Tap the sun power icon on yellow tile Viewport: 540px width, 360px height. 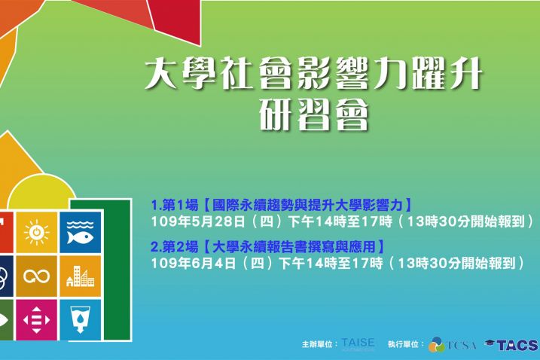[36, 232]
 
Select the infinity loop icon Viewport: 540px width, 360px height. [36, 276]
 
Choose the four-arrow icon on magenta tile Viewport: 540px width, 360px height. [36, 320]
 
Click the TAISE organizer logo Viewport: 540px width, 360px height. [358, 344]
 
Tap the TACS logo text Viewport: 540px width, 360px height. [517, 345]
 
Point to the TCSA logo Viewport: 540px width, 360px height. [453, 344]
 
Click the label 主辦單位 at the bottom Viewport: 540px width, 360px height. [317, 344]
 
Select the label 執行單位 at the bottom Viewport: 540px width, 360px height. [403, 344]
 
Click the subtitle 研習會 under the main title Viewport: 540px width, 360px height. [314, 114]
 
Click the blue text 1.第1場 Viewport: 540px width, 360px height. [175, 206]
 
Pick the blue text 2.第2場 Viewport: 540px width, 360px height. [175, 247]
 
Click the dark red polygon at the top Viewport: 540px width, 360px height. [175, 20]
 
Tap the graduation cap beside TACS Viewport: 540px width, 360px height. [490, 343]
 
